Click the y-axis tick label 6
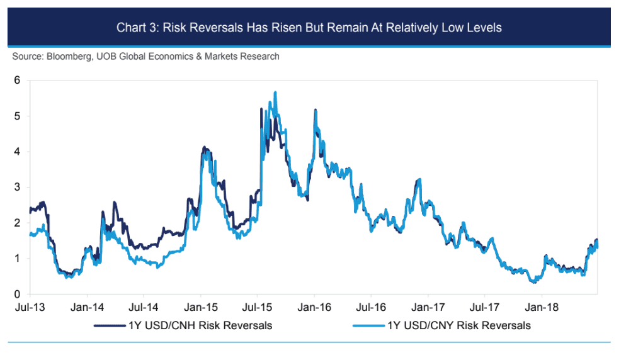(18, 81)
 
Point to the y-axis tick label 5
(18, 116)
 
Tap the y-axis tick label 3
(18, 188)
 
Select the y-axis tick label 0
(18, 294)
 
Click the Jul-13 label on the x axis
(30, 308)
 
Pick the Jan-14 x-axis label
(87, 308)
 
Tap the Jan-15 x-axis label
(201, 308)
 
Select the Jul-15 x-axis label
(257, 308)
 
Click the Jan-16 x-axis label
(314, 308)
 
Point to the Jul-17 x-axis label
(484, 308)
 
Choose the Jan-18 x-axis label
(541, 308)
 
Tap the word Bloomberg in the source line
(70, 57)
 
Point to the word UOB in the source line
(105, 57)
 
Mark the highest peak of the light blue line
(275, 93)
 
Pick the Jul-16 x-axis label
(370, 308)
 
